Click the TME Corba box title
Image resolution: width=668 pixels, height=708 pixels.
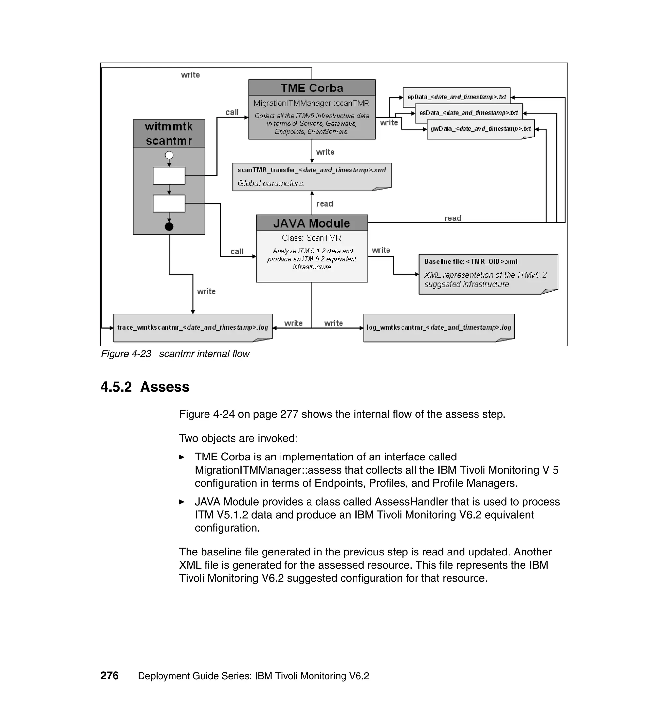(312, 88)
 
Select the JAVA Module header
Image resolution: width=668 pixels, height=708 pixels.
(311, 223)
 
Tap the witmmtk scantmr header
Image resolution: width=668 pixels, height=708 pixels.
(169, 133)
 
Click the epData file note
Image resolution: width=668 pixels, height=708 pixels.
(457, 97)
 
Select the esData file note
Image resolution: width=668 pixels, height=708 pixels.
(469, 113)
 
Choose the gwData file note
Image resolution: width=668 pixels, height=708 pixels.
(480, 129)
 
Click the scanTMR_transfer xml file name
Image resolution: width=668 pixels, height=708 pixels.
(311, 170)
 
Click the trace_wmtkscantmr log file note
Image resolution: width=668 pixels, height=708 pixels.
(193, 327)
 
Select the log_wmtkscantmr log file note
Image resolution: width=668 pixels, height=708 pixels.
(439, 327)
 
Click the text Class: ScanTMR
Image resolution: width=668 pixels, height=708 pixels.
(311, 238)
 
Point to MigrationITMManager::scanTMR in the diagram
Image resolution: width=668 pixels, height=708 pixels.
(311, 104)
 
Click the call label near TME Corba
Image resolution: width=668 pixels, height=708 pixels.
(232, 112)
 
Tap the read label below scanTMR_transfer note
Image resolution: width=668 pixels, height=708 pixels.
(325, 204)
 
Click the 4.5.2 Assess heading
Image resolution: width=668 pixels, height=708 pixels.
(145, 387)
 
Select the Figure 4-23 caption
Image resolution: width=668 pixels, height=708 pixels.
(175, 354)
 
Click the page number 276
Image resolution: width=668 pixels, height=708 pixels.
(109, 676)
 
